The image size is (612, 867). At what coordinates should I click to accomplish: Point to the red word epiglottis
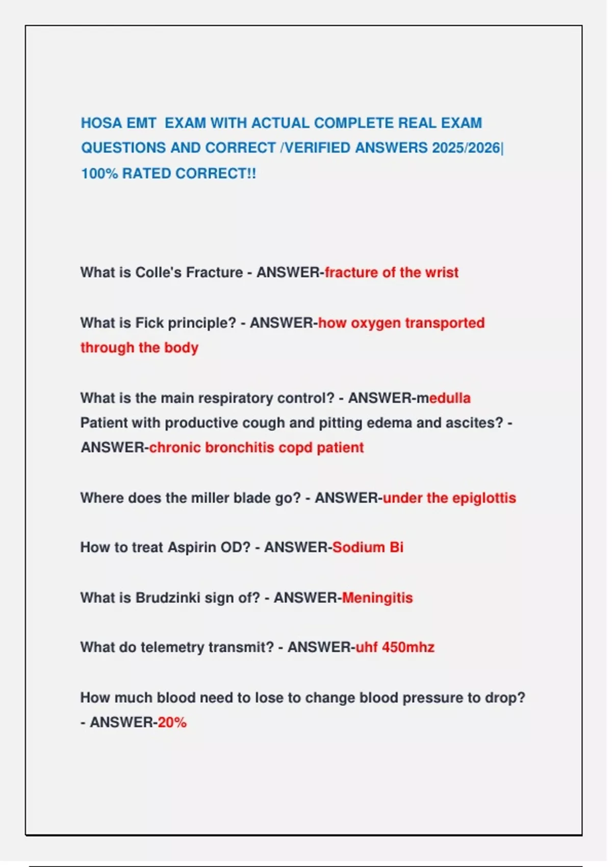click(x=484, y=498)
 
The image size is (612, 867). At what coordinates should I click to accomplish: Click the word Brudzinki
click(x=167, y=598)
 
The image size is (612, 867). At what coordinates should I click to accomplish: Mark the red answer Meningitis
click(x=377, y=598)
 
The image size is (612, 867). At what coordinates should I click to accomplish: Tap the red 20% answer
click(x=172, y=722)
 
